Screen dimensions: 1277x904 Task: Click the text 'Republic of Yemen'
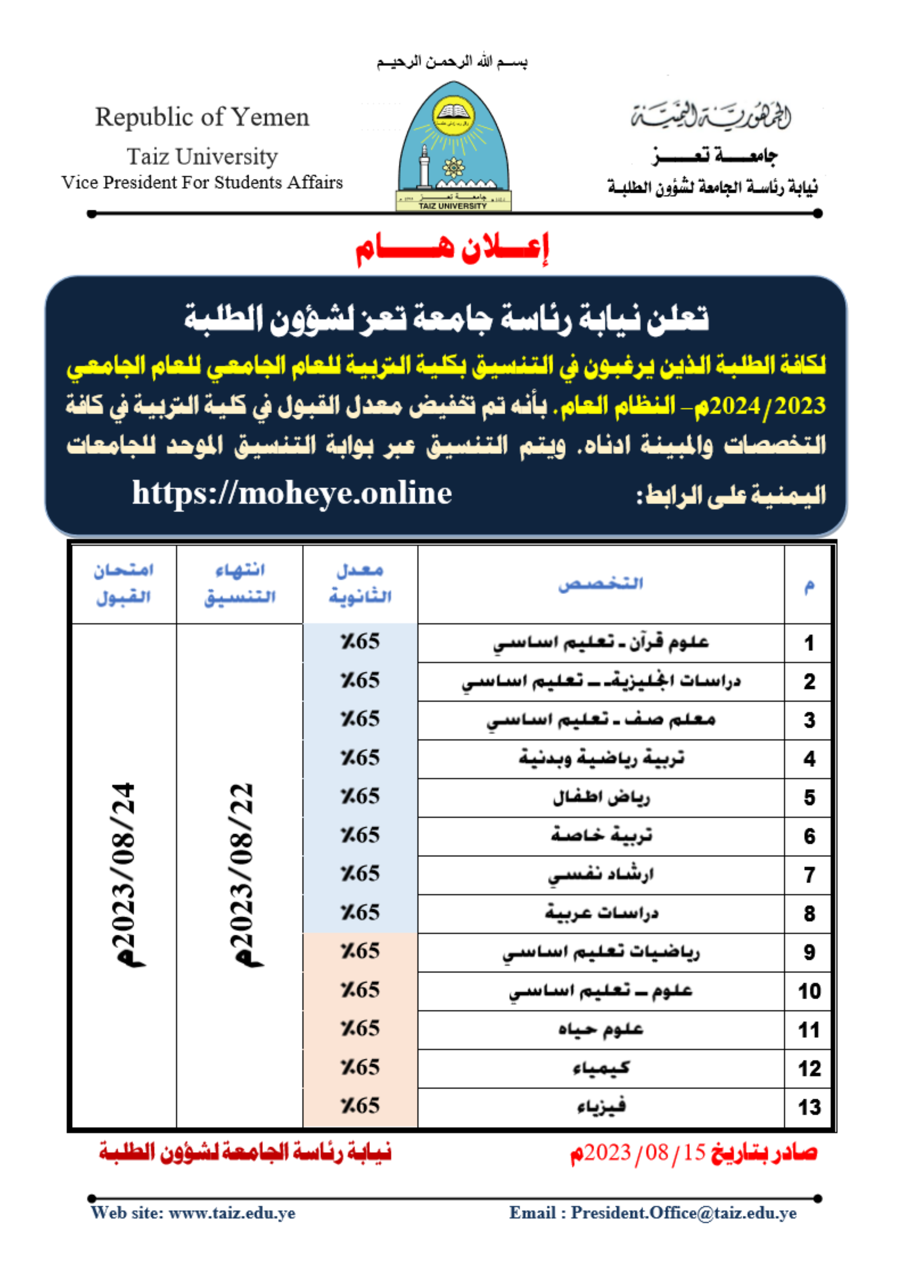pyautogui.click(x=202, y=117)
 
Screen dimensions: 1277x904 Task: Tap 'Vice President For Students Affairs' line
pyautogui.click(x=202, y=183)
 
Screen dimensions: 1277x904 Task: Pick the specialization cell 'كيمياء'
pyautogui.click(x=601, y=1068)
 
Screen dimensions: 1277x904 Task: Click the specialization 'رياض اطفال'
pyautogui.click(x=601, y=797)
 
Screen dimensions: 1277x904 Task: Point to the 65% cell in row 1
pyautogui.click(x=360, y=642)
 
